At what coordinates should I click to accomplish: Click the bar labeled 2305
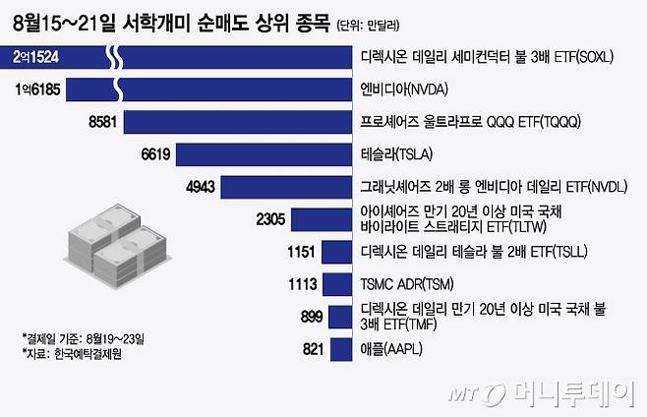(x=323, y=219)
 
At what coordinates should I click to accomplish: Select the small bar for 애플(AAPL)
(x=341, y=349)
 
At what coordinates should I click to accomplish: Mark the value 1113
(x=297, y=284)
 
